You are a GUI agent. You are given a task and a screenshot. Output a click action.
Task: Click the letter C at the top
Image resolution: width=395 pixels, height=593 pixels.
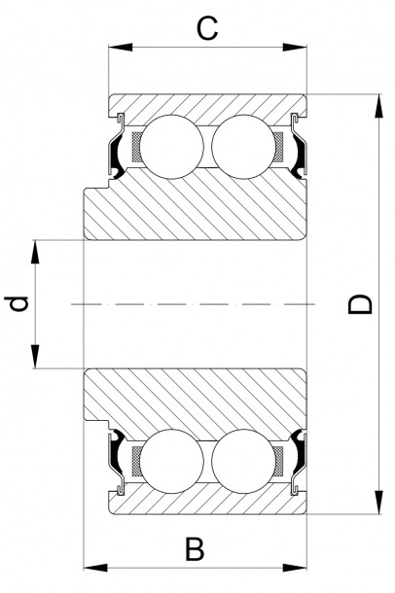click(206, 28)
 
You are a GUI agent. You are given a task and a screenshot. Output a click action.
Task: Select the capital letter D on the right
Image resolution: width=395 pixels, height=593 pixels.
click(361, 304)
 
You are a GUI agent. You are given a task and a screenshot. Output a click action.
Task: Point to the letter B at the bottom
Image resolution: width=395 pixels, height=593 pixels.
click(196, 549)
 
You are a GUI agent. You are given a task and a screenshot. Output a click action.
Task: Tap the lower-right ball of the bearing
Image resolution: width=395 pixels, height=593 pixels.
click(242, 462)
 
